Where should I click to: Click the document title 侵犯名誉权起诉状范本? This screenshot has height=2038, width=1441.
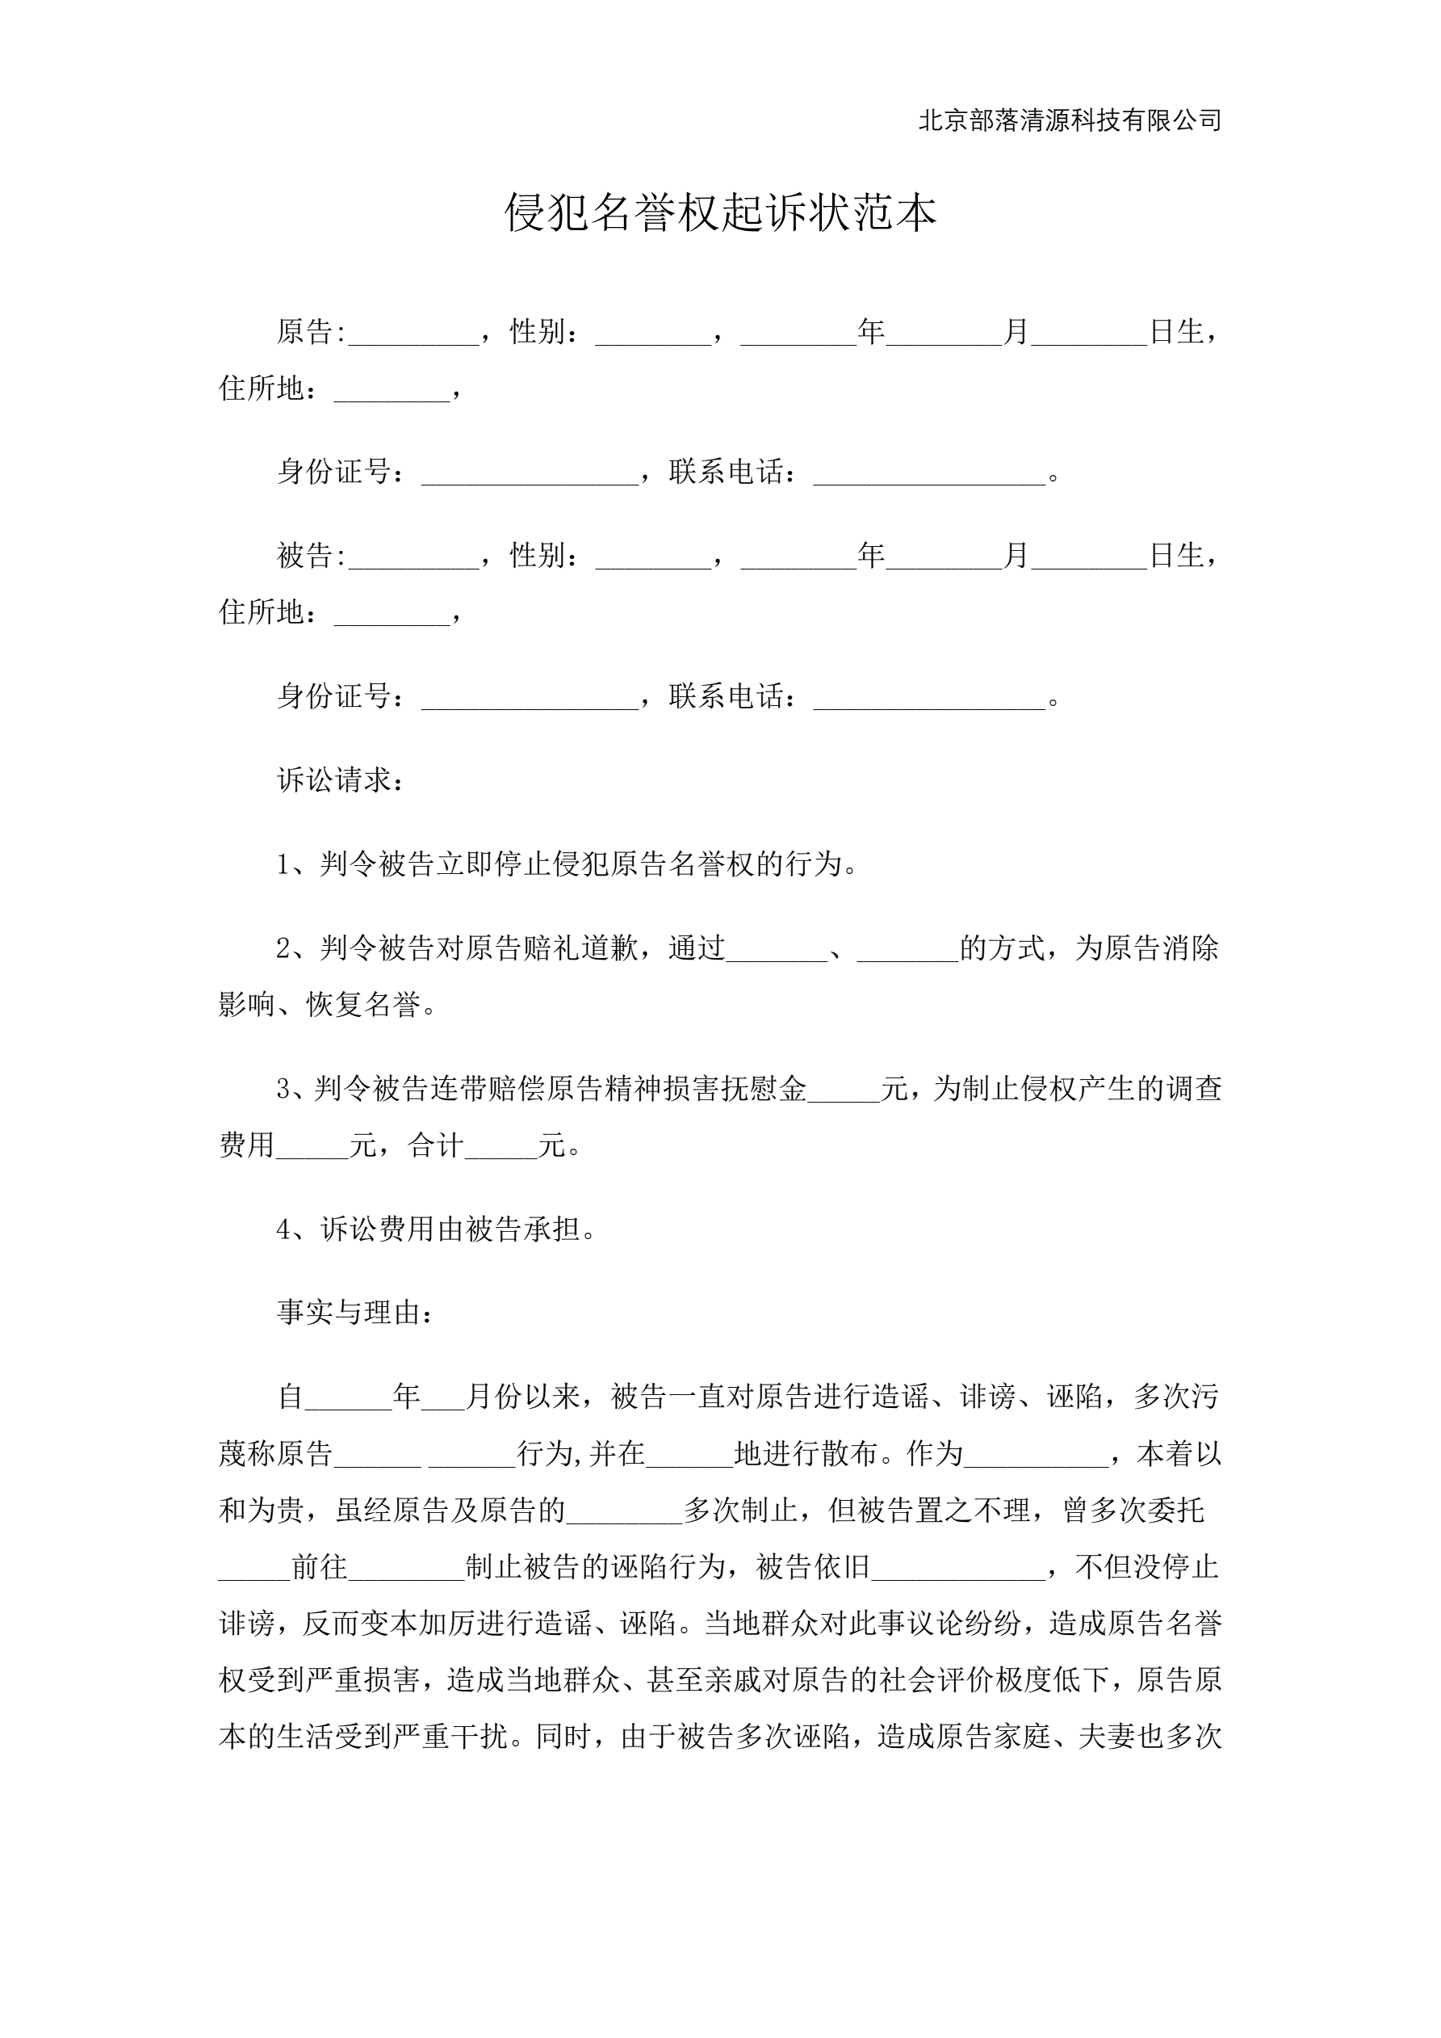(719, 213)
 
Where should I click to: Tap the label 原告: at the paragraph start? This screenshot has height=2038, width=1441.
(311, 332)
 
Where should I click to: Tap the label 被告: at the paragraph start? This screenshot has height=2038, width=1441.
(311, 556)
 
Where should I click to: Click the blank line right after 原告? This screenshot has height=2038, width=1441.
(413, 338)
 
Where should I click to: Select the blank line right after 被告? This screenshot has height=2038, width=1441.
(413, 561)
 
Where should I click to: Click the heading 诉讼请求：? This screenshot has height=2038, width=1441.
(341, 780)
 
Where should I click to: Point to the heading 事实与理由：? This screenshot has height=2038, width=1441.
(356, 1313)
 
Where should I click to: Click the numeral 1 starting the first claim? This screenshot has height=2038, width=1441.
(284, 864)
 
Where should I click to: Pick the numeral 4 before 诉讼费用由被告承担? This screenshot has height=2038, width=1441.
(284, 1229)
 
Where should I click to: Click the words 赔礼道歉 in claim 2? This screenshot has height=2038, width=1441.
(580, 948)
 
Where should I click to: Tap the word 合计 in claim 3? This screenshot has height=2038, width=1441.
(436, 1145)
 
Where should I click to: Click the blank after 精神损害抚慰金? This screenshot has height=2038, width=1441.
(843, 1094)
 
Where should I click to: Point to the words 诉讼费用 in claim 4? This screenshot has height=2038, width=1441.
(378, 1229)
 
